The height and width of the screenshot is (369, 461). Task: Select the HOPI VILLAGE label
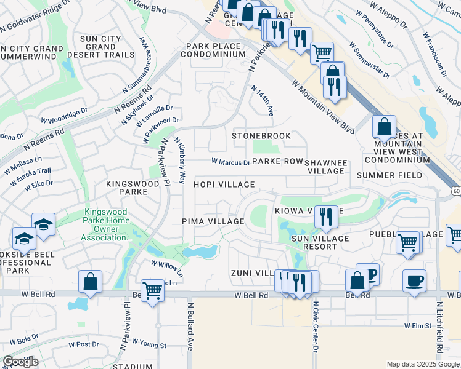(224, 184)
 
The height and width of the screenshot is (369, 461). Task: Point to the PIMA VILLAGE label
(213, 221)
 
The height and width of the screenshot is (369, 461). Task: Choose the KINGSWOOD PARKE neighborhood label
(135, 188)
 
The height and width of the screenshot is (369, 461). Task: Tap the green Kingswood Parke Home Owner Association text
(107, 224)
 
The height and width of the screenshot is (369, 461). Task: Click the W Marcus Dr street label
(230, 163)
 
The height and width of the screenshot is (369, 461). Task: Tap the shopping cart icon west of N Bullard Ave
(152, 290)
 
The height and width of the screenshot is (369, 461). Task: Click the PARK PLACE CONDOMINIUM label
(213, 50)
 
